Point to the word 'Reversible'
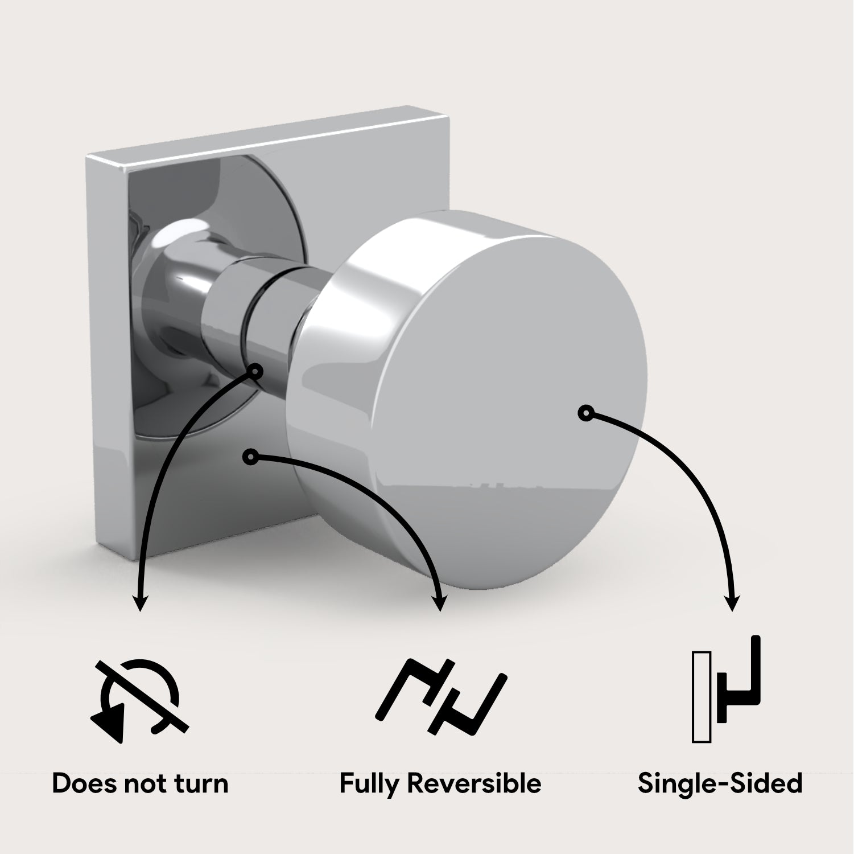click(x=474, y=783)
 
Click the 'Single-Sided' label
click(x=720, y=784)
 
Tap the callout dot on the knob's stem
click(x=255, y=372)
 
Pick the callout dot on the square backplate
click(x=250, y=456)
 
